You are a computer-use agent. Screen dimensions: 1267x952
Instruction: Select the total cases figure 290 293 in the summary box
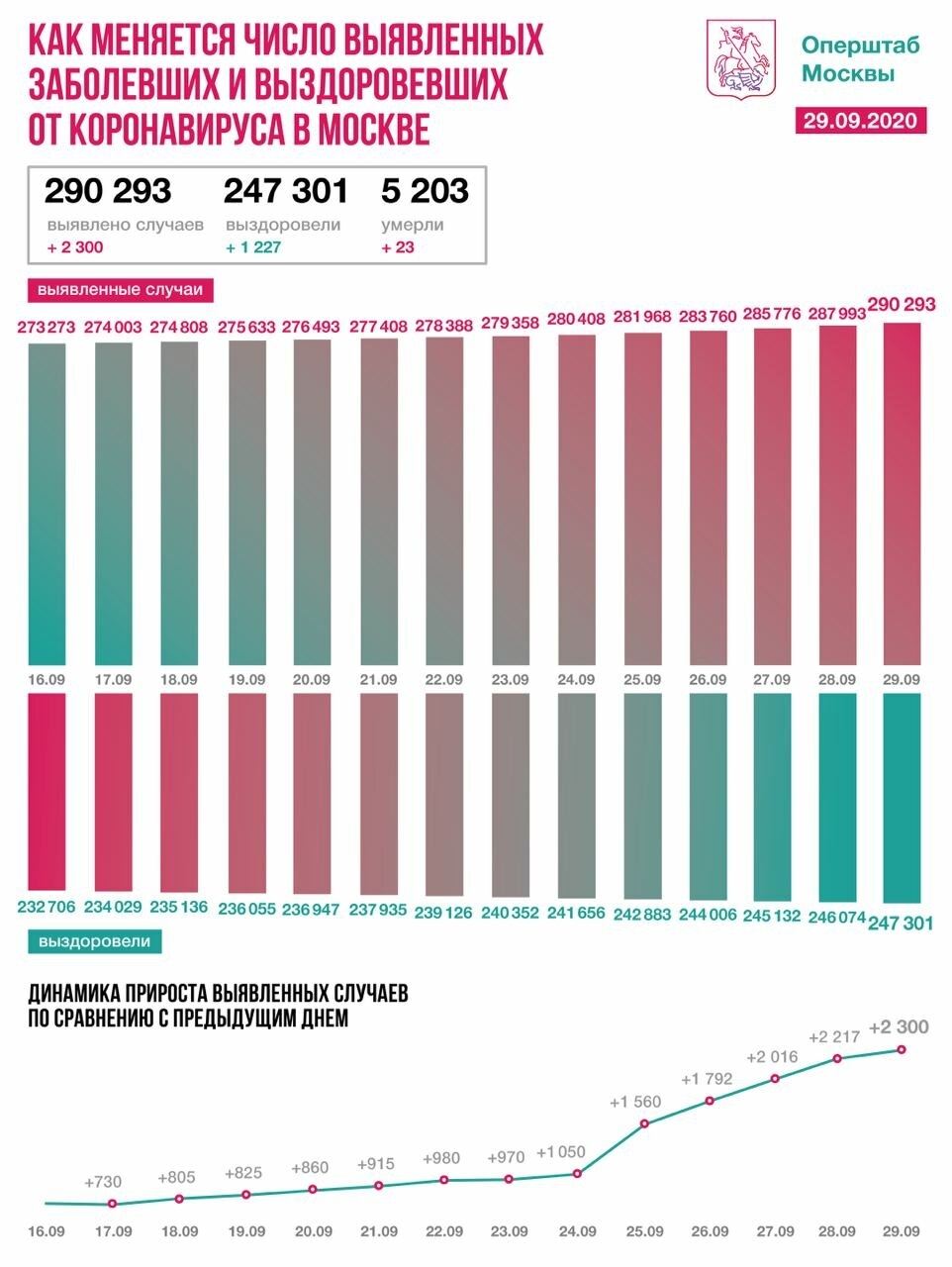tap(108, 190)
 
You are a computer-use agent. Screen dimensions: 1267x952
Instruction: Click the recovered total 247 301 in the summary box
tap(286, 190)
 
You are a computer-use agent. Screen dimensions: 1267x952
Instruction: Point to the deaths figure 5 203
tap(425, 190)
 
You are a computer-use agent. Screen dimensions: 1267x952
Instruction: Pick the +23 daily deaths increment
tap(398, 247)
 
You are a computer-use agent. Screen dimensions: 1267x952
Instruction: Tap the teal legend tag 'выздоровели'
tap(95, 941)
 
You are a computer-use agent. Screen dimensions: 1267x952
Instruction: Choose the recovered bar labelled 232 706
tap(48, 792)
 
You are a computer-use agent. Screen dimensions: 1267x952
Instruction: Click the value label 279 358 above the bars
tap(511, 322)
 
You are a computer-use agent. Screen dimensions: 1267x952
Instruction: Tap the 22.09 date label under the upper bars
tap(444, 680)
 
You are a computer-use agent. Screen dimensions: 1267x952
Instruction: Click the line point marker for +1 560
tap(645, 1123)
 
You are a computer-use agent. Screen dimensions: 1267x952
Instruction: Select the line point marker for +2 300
tap(902, 1049)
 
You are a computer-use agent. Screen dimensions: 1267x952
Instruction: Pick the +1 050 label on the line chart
tap(562, 1152)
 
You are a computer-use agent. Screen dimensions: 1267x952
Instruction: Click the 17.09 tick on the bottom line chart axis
tap(113, 1231)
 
